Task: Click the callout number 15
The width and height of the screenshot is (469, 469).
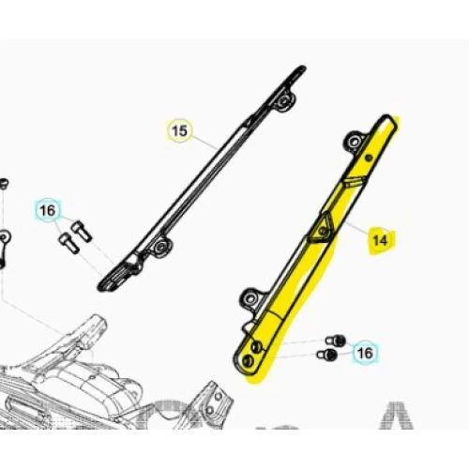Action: coord(179,130)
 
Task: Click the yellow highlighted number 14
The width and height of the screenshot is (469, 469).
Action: coord(380,240)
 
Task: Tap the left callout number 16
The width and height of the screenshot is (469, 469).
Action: coord(48,210)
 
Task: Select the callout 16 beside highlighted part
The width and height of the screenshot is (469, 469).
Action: coord(365,354)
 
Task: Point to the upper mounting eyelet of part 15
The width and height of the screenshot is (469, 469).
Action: coord(283,100)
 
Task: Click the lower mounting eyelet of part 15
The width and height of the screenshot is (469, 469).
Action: coord(160,246)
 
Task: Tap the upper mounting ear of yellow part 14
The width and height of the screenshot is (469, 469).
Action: coord(356,142)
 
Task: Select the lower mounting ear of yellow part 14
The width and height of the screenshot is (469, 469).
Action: coord(250,298)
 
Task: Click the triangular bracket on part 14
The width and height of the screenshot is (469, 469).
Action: coord(322,228)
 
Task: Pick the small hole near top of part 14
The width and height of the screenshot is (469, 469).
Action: coord(369,158)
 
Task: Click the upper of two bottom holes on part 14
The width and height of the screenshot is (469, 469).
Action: coord(256,346)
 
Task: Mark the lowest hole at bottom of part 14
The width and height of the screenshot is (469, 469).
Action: coord(249,361)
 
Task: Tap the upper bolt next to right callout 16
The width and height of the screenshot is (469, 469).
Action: coord(336,340)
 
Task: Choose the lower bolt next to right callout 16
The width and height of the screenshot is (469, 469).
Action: coord(327,355)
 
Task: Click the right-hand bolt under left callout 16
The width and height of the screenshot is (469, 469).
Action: coord(82,232)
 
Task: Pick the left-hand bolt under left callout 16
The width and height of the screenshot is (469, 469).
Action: coord(68,243)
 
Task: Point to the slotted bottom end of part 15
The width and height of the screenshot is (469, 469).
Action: coord(117,277)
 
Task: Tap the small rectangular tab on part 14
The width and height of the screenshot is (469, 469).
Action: coord(354,182)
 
